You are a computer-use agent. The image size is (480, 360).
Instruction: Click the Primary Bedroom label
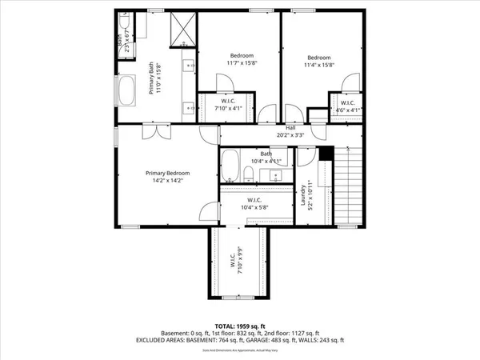pyautogui.click(x=167, y=173)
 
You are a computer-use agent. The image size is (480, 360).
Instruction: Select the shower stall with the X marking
pyautogui.click(x=183, y=30)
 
